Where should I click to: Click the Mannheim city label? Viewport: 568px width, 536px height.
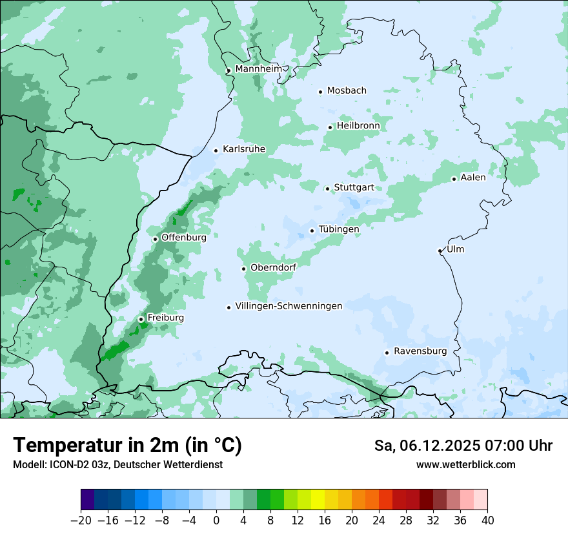[x=258, y=69]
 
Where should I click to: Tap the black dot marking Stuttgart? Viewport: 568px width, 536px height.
[x=328, y=189]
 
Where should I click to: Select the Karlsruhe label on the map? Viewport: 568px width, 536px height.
[x=244, y=149]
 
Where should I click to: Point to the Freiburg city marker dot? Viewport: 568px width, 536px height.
[x=141, y=319]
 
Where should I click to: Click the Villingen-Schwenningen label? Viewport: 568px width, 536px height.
[x=289, y=306]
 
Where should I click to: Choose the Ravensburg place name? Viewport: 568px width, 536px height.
[x=420, y=351]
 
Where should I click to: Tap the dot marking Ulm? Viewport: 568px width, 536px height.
[x=440, y=251]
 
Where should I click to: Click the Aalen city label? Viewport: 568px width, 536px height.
[x=473, y=178]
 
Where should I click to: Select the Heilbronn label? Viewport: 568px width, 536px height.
[x=358, y=126]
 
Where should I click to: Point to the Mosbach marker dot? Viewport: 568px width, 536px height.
[x=320, y=92]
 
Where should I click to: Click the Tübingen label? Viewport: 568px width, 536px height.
[x=339, y=229]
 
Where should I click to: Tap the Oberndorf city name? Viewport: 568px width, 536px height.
[x=274, y=268]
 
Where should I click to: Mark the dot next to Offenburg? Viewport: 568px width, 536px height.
[x=155, y=239]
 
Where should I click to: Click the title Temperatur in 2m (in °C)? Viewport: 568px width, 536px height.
[x=128, y=446]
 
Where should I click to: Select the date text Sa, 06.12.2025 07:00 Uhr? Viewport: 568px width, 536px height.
[x=463, y=446]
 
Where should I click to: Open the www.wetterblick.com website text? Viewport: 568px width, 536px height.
[x=465, y=464]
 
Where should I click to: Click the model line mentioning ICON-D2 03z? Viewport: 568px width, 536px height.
[x=117, y=464]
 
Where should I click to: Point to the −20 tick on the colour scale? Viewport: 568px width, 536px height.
[x=81, y=521]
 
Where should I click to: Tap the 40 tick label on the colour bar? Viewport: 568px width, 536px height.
[x=487, y=521]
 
